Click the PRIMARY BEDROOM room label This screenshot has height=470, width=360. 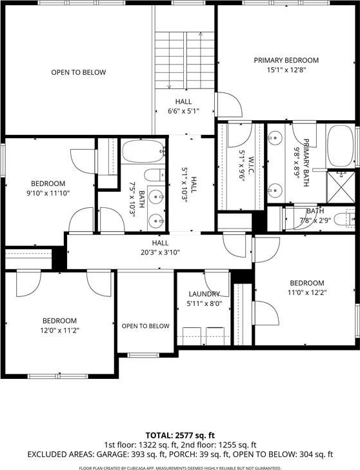click(286, 60)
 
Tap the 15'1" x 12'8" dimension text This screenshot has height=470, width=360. click(286, 70)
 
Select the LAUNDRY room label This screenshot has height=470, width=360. click(205, 294)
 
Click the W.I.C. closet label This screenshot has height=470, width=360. click(251, 164)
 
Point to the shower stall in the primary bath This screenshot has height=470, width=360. click(341, 186)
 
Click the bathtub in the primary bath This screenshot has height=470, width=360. click(341, 146)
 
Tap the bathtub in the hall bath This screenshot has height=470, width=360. click(143, 151)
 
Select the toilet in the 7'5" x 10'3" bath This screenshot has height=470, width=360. click(154, 175)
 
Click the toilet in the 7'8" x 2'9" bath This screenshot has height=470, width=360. click(344, 219)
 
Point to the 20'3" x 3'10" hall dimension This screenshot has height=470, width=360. click(160, 252)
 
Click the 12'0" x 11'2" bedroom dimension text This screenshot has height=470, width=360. click(59, 331)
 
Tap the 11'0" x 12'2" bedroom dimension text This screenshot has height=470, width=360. click(307, 292)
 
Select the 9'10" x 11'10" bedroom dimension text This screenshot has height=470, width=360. click(48, 193)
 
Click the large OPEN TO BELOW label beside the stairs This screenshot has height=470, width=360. click(79, 72)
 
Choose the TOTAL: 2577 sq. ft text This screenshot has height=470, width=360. click(180, 435)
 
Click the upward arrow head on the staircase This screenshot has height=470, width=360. click(201, 34)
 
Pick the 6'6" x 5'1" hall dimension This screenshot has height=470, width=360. click(184, 111)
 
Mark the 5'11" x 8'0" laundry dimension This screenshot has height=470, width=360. click(205, 303)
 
